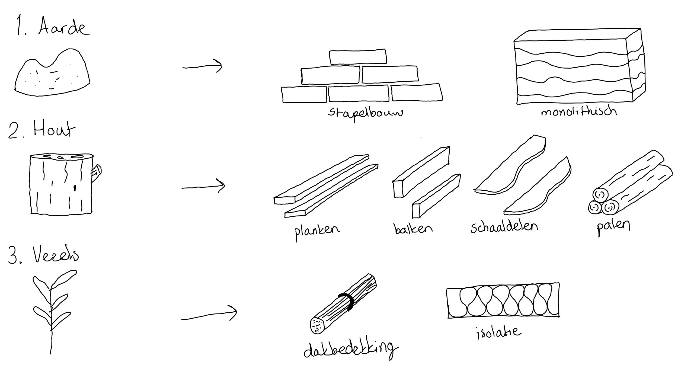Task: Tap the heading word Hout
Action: [54, 130]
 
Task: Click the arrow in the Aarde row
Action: [202, 66]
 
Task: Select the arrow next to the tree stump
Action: [203, 187]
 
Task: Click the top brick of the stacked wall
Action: [358, 57]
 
